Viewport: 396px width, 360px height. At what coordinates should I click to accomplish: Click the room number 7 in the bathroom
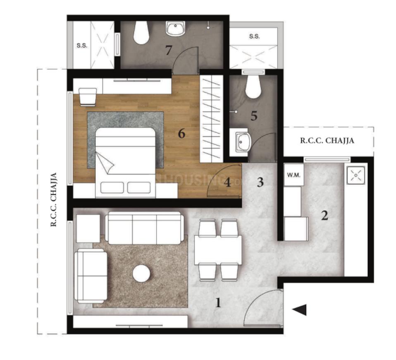pos(168,50)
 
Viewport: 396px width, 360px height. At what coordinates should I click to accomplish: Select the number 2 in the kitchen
pos(324,216)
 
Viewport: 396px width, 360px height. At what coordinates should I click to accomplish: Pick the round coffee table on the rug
pos(141,274)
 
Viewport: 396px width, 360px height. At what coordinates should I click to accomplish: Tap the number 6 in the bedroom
pos(181,134)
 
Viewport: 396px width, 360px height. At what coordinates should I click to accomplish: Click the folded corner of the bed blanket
pos(105,162)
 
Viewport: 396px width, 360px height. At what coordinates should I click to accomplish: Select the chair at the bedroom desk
pos(88,96)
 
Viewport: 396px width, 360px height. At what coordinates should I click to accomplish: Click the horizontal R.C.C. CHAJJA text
pos(327,140)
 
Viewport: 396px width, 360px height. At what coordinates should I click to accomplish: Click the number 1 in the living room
pos(218,303)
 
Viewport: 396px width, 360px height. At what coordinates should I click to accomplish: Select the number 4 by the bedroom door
pos(227,182)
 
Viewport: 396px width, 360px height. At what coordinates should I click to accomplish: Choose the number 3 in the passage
pos(260,182)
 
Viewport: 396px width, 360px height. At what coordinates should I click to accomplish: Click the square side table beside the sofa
pos(88,228)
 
